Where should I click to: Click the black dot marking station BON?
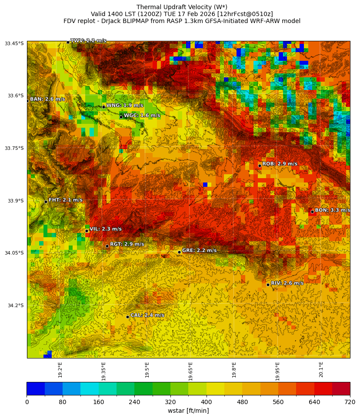point(312,212)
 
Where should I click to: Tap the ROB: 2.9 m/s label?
point(280,164)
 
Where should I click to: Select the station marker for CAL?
point(127,317)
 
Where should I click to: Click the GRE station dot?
point(179,252)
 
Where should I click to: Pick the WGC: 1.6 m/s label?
point(142,116)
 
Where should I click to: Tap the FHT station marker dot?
point(46,202)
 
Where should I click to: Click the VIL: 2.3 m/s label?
point(106,229)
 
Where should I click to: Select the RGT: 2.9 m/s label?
point(127,244)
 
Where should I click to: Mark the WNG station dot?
point(103,107)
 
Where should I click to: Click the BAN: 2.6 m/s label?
point(47,99)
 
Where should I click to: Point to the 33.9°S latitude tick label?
point(15,201)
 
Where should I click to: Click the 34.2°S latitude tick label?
point(15,305)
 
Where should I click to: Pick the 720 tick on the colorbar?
point(350,402)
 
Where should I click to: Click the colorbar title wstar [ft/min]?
point(188,411)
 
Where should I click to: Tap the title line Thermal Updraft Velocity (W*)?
point(182,7)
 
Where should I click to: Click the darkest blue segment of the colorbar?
point(36,388)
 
